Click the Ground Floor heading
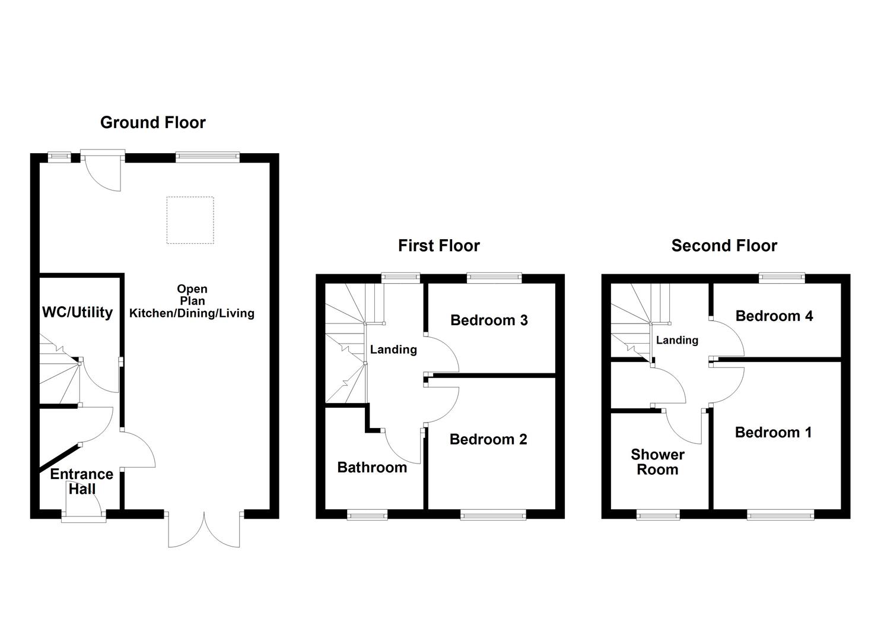pos(153,123)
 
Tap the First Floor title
pos(439,246)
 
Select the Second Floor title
pos(724,246)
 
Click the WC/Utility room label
pos(78,312)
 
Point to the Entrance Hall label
pos(82,481)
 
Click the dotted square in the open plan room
pos(190,220)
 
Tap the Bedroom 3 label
pos(489,320)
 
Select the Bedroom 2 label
pos(488,439)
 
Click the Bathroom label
pos(372,468)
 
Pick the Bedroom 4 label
pos(774,316)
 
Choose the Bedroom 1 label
pos(774,433)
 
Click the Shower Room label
pos(657,462)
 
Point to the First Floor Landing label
pos(394,350)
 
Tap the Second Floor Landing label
pos(678,340)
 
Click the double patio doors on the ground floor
pos(204,529)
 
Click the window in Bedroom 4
pos(783,278)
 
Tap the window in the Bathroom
pos(367,515)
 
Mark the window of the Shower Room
pos(659,515)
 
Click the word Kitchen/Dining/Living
pos(192,313)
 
